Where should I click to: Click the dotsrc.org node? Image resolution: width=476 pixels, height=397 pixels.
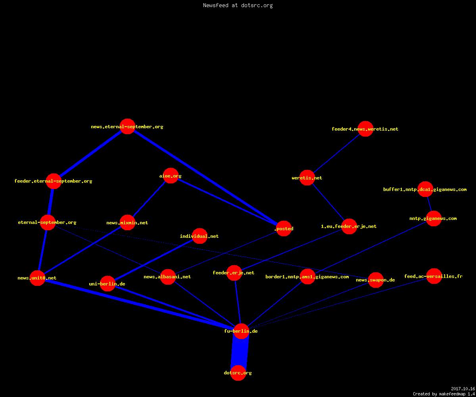click(238, 373)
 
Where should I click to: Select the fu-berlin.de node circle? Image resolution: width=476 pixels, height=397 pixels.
click(241, 331)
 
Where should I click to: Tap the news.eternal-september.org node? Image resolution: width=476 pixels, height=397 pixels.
click(127, 126)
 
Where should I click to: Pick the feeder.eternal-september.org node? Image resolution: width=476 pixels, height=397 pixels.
click(54, 181)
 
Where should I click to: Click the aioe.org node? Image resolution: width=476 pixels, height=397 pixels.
click(171, 176)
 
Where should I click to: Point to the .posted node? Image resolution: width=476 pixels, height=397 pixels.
click(284, 228)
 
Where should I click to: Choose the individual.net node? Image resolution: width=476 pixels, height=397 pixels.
click(200, 236)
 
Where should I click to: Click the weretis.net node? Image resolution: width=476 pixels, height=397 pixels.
click(307, 177)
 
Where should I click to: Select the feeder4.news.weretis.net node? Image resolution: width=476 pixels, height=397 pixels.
click(365, 129)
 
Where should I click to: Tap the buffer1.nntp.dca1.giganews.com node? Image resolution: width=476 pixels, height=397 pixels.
click(425, 189)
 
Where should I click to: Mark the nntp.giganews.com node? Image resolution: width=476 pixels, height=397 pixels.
click(434, 218)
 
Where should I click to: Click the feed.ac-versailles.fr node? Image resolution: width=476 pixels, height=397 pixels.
click(434, 276)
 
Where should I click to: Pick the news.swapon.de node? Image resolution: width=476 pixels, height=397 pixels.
click(376, 280)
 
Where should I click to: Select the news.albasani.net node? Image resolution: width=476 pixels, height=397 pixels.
click(168, 277)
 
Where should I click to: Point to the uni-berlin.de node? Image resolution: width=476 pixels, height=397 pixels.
click(107, 283)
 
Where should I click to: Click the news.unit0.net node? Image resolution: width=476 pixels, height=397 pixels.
click(37, 278)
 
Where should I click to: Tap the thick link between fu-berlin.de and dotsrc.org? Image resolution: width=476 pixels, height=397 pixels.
click(240, 352)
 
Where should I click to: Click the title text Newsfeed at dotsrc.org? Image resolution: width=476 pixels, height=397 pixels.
click(238, 5)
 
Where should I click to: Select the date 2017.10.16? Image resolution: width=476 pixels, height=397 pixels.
click(463, 389)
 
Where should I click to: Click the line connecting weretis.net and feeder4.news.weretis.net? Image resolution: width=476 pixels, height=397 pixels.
click(336, 153)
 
